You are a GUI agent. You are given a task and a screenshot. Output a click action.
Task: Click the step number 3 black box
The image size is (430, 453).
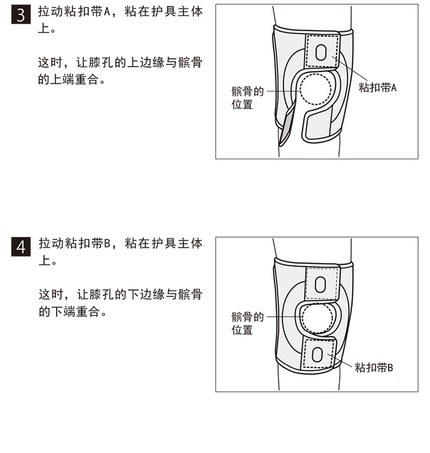(x=21, y=15)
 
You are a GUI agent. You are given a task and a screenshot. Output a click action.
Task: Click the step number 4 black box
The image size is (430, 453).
(x=21, y=247)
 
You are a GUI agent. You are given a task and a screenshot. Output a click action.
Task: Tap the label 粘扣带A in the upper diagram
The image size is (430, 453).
(x=378, y=87)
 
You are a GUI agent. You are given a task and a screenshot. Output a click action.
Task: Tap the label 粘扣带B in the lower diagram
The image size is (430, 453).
(x=373, y=368)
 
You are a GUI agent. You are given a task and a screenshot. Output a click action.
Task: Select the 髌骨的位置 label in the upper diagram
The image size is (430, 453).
(x=247, y=98)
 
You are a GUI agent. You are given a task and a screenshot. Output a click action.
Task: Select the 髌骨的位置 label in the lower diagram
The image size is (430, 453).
(x=247, y=323)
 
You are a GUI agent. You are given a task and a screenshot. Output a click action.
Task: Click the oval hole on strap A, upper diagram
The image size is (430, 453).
(x=320, y=52)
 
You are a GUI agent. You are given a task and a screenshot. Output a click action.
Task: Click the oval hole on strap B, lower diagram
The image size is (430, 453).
(x=317, y=354)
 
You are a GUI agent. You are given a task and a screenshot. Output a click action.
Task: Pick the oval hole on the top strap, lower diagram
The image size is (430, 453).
(x=320, y=284)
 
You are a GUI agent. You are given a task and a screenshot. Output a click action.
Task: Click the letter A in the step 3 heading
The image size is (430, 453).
(x=107, y=12)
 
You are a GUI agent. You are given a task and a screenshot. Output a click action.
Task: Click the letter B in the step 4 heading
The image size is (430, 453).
(x=107, y=244)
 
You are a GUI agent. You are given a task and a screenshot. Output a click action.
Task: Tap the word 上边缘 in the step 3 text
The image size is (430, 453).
(x=146, y=63)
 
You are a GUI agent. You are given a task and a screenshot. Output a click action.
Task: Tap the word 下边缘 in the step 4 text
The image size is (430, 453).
(x=146, y=294)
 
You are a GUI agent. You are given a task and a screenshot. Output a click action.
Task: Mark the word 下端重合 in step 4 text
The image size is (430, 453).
(x=75, y=311)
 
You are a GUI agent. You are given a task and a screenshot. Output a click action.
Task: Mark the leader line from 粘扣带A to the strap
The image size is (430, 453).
(x=349, y=68)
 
